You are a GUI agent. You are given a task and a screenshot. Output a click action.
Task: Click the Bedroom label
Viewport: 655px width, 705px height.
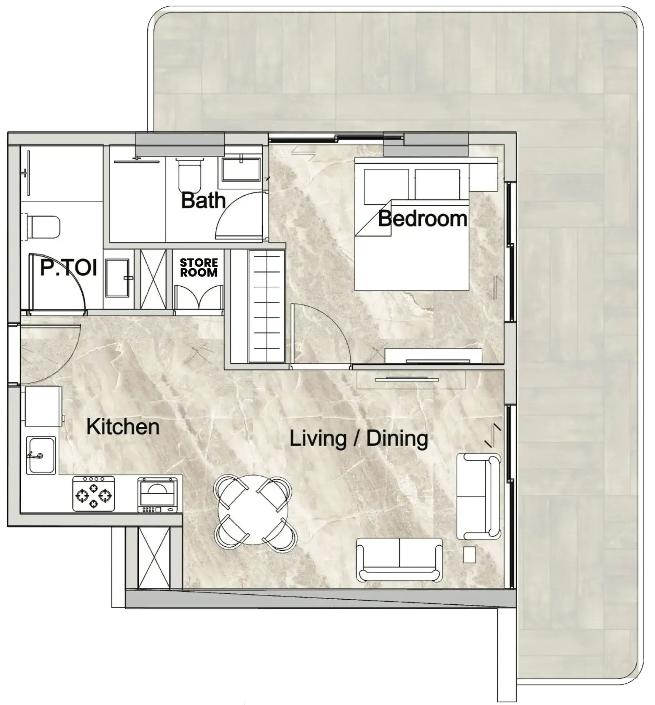click(422, 219)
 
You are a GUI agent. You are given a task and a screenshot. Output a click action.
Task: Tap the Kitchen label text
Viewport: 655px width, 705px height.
click(123, 427)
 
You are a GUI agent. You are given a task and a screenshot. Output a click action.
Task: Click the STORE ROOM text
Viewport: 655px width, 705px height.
click(199, 267)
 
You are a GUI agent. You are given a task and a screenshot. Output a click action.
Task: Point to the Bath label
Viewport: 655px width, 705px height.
click(203, 200)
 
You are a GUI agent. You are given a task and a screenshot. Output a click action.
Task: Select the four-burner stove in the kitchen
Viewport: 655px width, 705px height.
click(94, 493)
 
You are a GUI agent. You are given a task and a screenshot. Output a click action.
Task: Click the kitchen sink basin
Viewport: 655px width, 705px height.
click(41, 455)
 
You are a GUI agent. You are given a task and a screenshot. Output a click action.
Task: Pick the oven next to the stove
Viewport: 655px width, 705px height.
click(158, 495)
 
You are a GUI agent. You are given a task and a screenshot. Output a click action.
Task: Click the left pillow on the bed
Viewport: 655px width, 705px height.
click(386, 186)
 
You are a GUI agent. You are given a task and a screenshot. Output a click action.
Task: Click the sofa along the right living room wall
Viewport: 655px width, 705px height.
click(478, 496)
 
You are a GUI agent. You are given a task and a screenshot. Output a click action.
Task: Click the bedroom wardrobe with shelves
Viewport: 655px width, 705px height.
click(266, 307)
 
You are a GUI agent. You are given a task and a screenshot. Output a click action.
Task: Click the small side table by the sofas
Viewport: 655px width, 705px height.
click(469, 554)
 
